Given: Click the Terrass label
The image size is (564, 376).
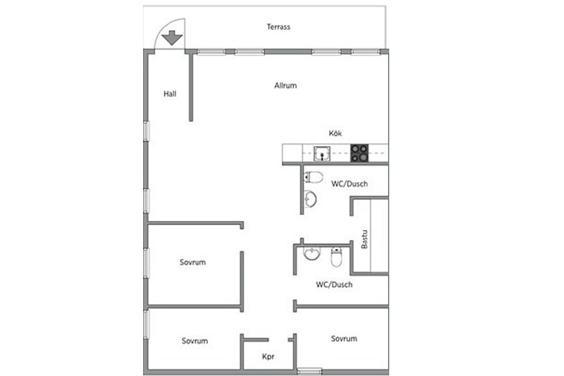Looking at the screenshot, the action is click(278, 27).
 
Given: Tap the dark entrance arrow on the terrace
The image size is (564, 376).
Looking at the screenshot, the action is click(172, 38).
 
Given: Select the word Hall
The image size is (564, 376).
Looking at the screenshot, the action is click(170, 94).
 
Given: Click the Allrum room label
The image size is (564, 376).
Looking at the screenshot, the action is click(286, 85).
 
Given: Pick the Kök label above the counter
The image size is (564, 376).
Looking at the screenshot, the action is click(336, 133).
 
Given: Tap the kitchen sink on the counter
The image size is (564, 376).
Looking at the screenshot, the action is click(322, 154).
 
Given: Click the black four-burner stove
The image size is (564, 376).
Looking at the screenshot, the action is click(360, 153).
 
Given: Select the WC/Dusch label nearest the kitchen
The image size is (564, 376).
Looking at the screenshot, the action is click(349, 184).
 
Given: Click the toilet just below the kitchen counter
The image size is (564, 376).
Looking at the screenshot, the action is click(313, 177).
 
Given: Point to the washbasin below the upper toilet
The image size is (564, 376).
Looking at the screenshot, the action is click(310, 199).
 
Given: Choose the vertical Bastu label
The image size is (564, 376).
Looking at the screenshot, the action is click(364, 239).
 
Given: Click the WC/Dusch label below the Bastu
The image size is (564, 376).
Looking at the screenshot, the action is click(334, 284).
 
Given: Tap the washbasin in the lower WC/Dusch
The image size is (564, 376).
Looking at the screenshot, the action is click(312, 254).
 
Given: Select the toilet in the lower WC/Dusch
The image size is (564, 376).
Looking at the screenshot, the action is click(336, 257).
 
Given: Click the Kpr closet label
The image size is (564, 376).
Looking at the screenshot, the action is click(269, 356).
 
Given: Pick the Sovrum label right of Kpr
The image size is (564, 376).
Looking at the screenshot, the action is click(344, 339).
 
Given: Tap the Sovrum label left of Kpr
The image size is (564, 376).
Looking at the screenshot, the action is click(195, 341).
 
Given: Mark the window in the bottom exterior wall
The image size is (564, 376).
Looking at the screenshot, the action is click(309, 371).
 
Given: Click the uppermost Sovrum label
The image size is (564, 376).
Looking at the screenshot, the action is click(192, 262).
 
